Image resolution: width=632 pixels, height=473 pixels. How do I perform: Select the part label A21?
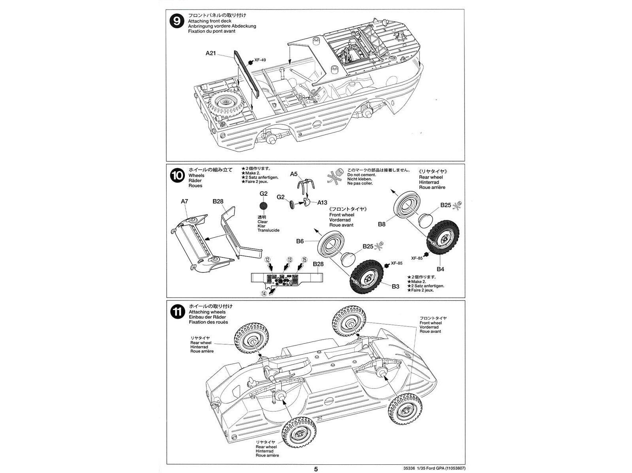point(211,53)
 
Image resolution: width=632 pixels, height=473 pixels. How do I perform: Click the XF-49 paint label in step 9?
point(260,60)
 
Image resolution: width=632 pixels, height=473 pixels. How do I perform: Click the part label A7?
point(184,201)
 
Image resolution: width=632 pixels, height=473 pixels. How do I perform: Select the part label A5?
point(293,174)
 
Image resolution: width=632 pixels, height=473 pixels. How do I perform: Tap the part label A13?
point(322,202)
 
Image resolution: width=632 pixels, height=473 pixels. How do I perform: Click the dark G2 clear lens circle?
point(263,206)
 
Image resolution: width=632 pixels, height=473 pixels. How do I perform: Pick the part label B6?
point(299,241)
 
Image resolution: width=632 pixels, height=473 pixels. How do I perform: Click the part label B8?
point(381,224)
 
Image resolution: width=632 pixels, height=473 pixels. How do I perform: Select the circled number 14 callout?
point(263,293)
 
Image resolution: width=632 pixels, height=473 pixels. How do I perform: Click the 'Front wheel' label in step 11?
point(431,323)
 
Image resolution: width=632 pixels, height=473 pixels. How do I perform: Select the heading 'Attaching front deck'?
point(210,21)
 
